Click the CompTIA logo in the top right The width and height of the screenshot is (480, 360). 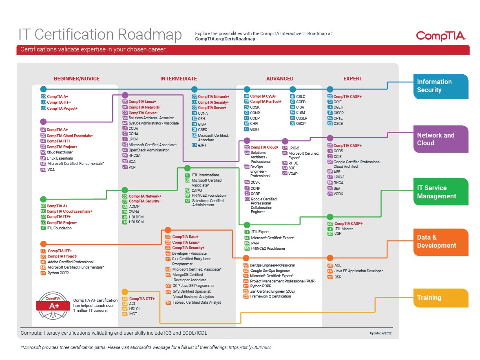point(440,36)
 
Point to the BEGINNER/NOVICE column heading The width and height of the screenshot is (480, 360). point(77,79)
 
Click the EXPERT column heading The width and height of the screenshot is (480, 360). point(353,79)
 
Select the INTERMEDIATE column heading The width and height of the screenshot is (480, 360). point(179,79)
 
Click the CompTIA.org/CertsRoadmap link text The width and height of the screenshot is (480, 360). point(225,39)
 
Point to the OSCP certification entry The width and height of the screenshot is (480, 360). point(301,123)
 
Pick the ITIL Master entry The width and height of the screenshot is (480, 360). point(343,229)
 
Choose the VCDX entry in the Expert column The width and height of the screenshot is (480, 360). point(338,193)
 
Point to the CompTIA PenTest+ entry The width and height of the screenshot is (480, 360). point(265,102)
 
